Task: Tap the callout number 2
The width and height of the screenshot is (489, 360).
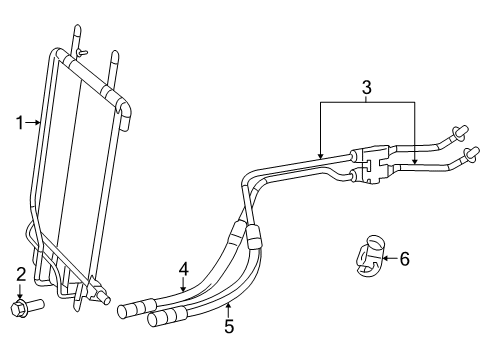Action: click(20, 273)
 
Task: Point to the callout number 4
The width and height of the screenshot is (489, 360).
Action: click(184, 268)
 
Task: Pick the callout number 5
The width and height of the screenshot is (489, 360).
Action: click(228, 325)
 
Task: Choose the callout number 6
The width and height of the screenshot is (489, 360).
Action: click(404, 259)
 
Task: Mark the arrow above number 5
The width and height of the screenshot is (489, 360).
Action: click(228, 306)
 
